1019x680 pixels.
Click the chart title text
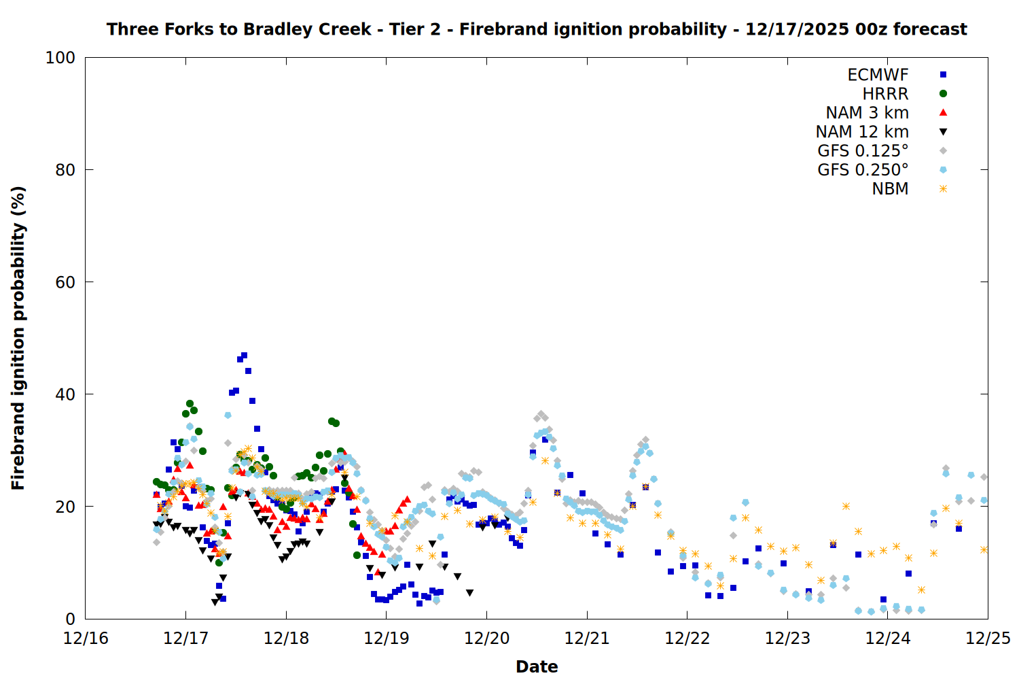coord(537,29)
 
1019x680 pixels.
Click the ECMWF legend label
coord(878,75)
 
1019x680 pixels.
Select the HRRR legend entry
coord(885,94)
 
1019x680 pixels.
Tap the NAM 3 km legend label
coord(867,113)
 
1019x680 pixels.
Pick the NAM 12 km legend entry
coord(862,132)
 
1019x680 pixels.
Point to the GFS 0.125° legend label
coord(863,151)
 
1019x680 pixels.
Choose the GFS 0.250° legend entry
coord(863,170)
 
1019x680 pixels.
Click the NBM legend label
coord(890,189)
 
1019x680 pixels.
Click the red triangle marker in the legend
coord(943,113)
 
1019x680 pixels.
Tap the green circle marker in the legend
coord(943,94)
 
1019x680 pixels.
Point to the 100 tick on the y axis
coord(60,58)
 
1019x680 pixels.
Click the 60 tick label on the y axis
coord(65,282)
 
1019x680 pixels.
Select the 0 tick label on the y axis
coord(70,619)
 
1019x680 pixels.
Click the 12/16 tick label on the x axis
coord(86,639)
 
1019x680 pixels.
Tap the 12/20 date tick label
coord(486,639)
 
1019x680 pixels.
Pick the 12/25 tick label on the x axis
coord(988,639)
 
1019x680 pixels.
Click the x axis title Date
coord(537,666)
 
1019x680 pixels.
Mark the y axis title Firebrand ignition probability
coord(18,338)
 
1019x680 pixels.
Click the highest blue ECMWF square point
coord(244,356)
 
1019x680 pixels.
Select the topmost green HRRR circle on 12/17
coord(190,404)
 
